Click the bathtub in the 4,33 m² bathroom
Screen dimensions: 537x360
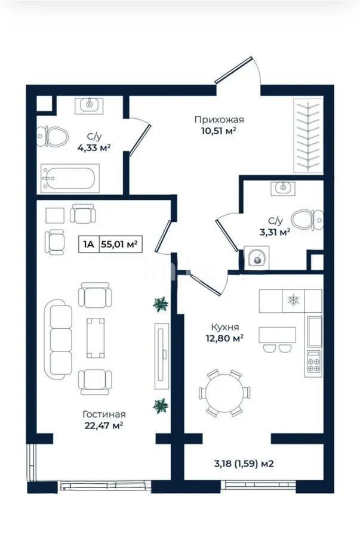(x=69, y=178)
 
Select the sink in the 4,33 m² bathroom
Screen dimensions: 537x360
(x=90, y=105)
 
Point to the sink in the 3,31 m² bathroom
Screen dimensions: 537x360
(x=282, y=189)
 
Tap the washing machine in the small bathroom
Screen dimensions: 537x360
(x=257, y=259)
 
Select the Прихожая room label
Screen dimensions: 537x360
(x=219, y=120)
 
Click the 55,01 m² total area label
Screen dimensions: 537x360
(x=119, y=243)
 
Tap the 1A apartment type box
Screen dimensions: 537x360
(x=88, y=243)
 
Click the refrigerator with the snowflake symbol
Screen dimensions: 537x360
(x=293, y=300)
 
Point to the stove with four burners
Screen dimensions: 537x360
(x=313, y=362)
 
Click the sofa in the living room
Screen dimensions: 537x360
(x=60, y=336)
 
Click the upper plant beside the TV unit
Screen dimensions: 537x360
(x=160, y=305)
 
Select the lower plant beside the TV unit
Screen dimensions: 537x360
(x=160, y=406)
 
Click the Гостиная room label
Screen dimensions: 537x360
(x=104, y=414)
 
